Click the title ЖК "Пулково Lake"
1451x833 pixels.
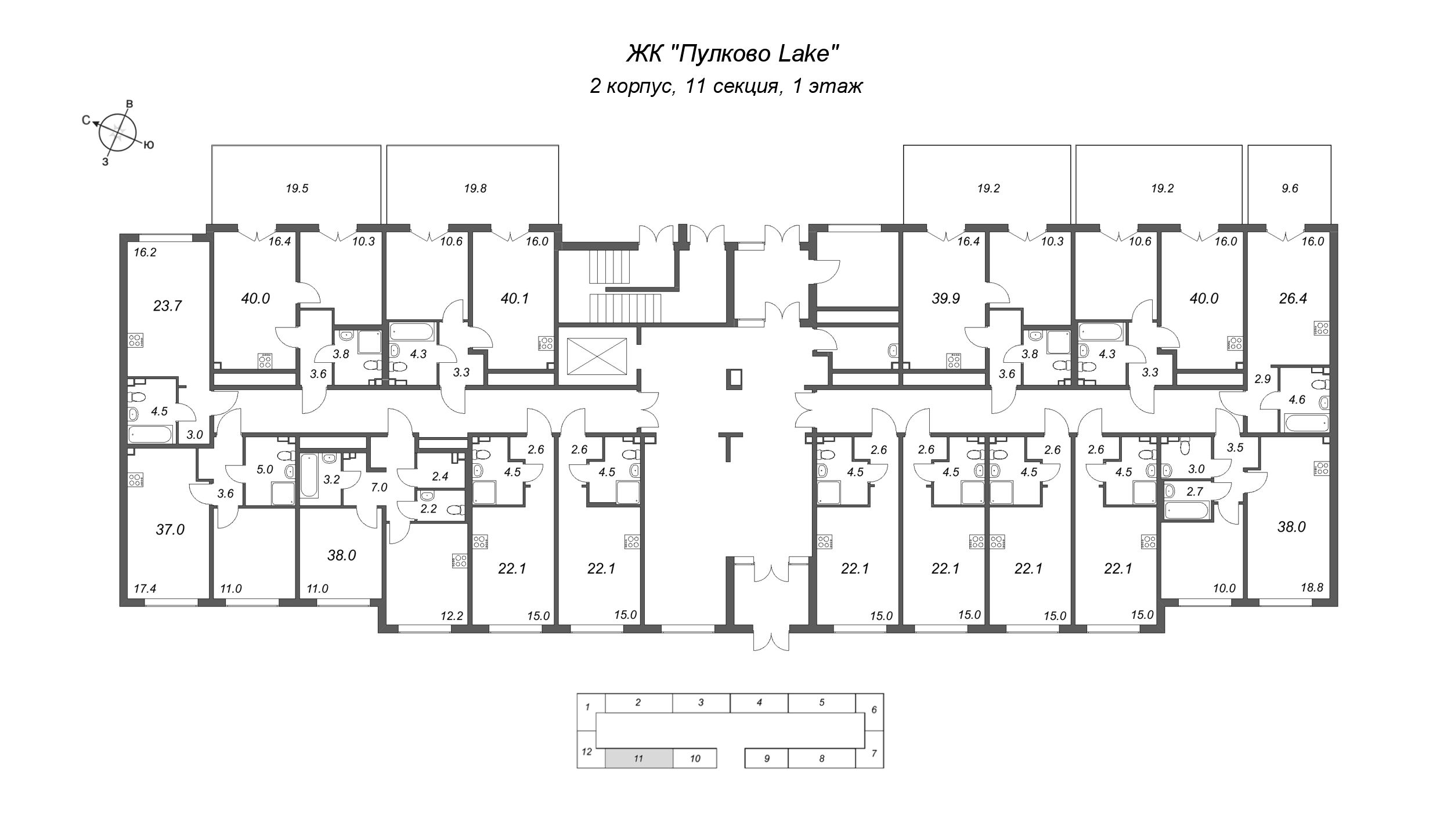733,54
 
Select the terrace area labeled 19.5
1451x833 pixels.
297,188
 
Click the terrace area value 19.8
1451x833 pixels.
475,188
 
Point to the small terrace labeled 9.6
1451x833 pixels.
1290,188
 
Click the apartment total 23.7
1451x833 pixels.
167,305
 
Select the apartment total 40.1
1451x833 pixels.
514,298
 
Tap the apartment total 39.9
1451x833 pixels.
945,298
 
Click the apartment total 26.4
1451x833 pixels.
1293,298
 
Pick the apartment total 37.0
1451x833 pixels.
169,529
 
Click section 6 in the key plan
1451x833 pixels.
874,709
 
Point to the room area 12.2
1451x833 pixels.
452,616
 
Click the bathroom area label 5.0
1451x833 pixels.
264,469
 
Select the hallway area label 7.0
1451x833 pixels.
378,487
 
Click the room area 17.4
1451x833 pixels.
145,588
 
